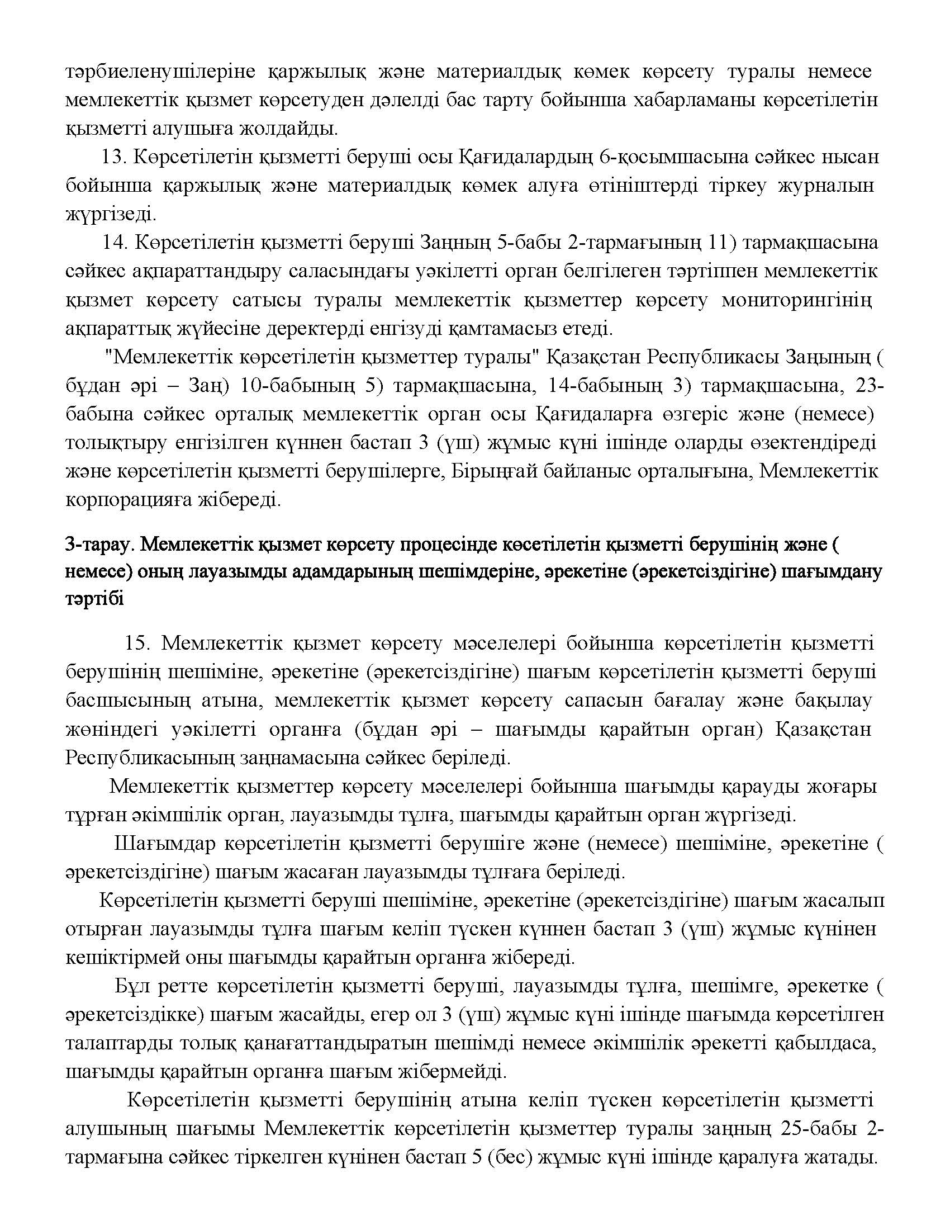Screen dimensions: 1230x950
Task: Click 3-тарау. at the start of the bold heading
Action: click(x=99, y=545)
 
